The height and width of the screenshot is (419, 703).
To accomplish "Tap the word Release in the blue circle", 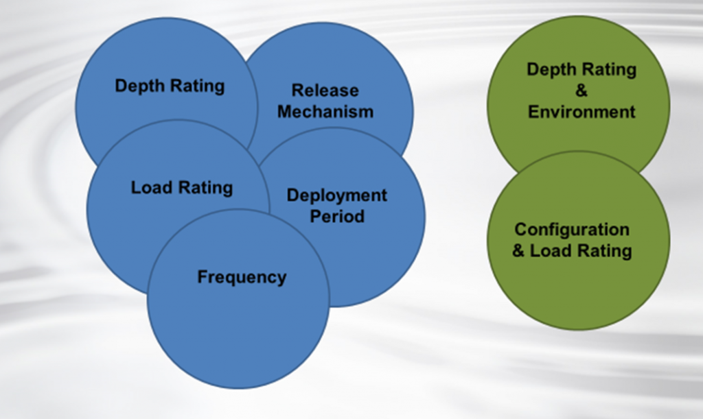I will [325, 91].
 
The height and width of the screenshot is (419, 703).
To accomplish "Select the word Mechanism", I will [325, 112].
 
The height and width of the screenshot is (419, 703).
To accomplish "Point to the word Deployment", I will [336, 195].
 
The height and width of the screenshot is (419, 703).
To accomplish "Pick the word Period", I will [336, 216].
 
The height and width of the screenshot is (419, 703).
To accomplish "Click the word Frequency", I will [242, 277].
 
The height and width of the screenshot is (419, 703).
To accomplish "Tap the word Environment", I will [581, 112].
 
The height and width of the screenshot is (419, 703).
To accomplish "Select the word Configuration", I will [572, 230].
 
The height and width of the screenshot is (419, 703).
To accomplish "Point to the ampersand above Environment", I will [581, 91].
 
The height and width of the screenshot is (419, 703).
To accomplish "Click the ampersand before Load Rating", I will [519, 251].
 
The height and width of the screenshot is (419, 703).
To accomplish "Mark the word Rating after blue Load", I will [208, 188].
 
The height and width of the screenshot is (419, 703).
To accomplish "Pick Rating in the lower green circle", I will [604, 251].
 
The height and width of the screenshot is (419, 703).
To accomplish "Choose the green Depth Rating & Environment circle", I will [578, 41].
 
